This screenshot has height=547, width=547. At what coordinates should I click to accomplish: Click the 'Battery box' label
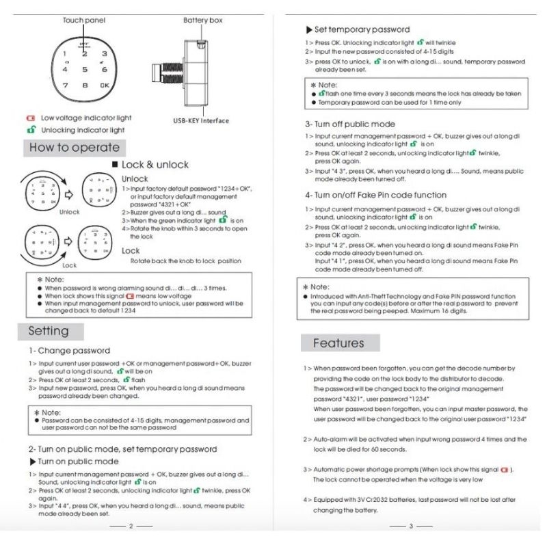[202, 21]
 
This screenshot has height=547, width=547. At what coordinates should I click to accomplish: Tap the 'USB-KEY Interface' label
[201, 121]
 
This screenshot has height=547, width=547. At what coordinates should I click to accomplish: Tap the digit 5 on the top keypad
[85, 69]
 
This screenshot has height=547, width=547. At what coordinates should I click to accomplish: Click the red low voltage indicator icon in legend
[30, 118]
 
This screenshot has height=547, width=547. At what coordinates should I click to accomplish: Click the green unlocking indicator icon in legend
[30, 129]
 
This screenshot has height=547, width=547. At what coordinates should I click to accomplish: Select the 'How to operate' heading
[74, 148]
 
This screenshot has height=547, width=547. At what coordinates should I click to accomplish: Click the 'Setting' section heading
[49, 331]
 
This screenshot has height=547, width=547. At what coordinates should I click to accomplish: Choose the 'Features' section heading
[338, 343]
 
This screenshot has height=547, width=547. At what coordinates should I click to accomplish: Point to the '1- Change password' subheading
[69, 351]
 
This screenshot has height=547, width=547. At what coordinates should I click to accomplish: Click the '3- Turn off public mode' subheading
[350, 124]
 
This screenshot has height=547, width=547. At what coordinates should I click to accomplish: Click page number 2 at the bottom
[131, 526]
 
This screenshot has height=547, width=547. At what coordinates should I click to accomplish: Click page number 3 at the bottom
[411, 526]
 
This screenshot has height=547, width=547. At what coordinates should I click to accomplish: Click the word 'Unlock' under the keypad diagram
[69, 212]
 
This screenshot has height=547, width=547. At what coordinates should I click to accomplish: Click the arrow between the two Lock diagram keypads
[66, 241]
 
